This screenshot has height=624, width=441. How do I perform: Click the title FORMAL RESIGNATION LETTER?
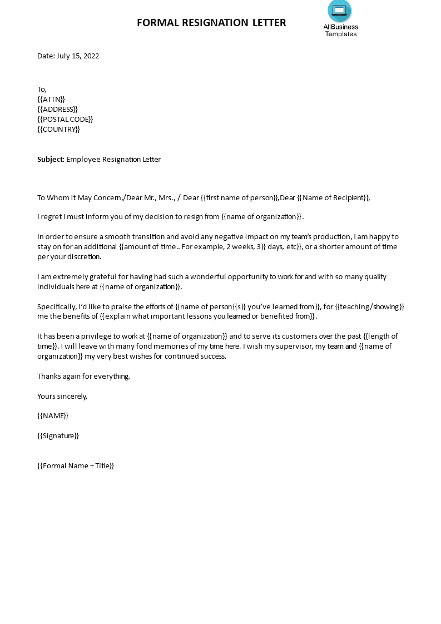click(211, 23)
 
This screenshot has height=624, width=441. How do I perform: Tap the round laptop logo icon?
click(340, 10)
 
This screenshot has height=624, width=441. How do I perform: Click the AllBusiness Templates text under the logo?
click(340, 30)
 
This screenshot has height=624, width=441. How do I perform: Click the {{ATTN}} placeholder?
click(51, 99)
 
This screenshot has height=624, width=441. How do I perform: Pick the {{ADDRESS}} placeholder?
click(57, 109)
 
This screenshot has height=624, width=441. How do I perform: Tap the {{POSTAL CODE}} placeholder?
click(65, 119)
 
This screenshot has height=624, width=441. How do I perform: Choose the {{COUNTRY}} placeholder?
click(58, 129)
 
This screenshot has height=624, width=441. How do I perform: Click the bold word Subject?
click(51, 159)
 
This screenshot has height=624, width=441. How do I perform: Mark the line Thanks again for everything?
click(83, 376)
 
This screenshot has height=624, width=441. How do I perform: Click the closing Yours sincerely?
click(62, 396)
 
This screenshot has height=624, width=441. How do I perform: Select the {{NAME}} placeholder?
click(53, 415)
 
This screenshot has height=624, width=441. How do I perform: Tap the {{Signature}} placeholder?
click(58, 435)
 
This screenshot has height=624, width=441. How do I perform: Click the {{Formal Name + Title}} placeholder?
click(76, 465)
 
